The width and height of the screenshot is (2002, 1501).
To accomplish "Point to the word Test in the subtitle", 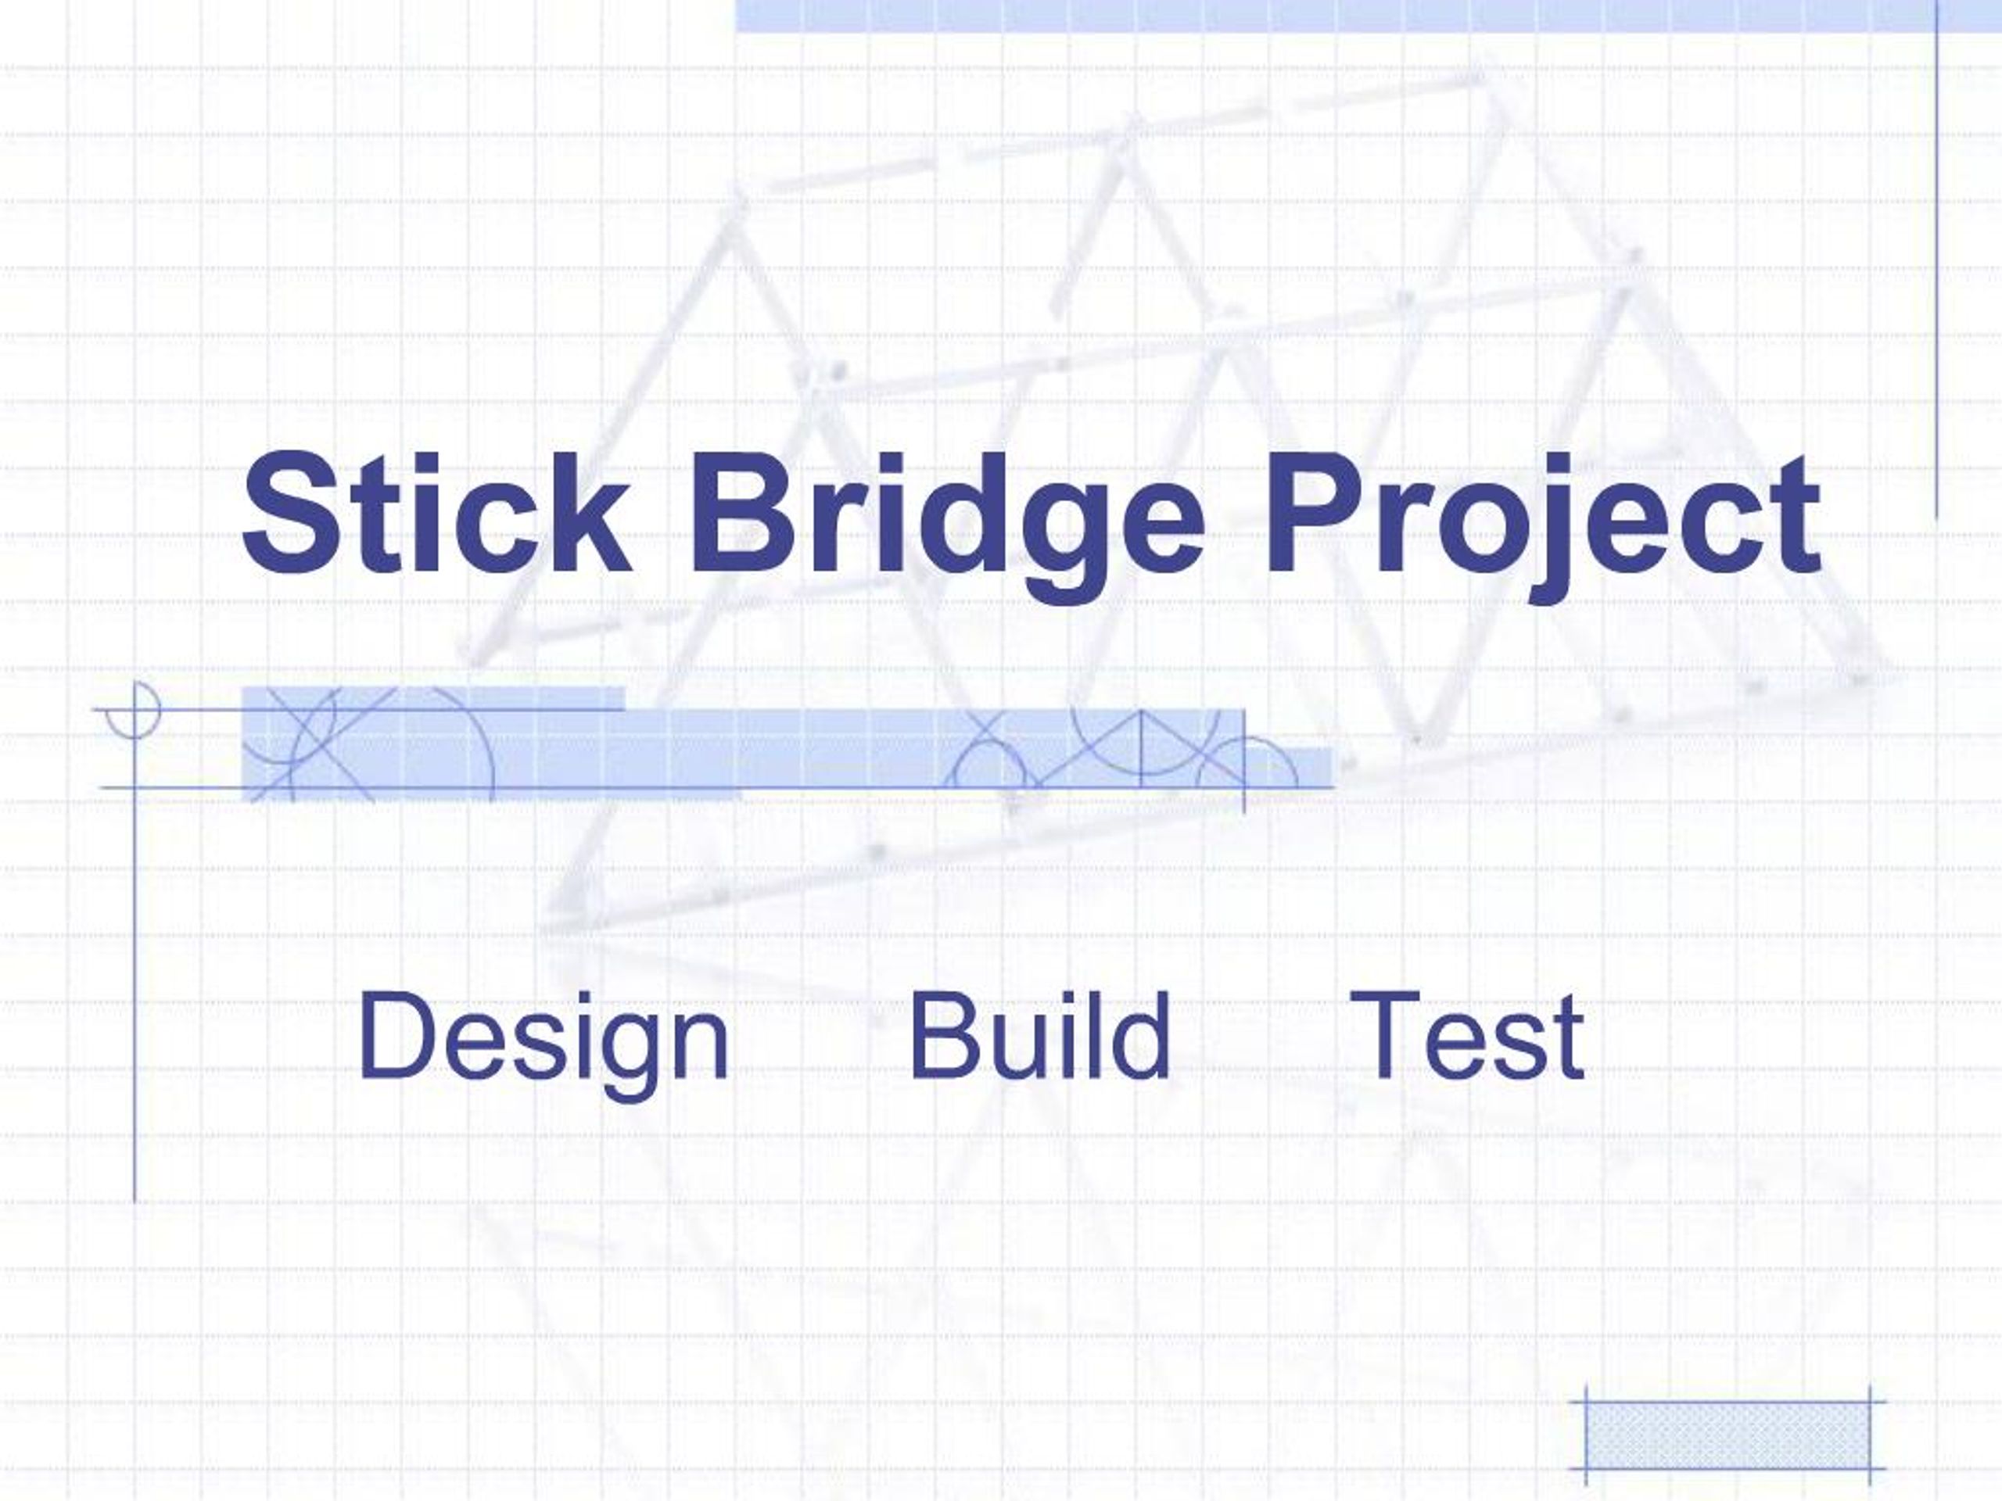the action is pyautogui.click(x=1466, y=1035).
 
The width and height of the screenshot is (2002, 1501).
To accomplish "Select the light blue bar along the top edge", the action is pyautogui.click(x=1368, y=16).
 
